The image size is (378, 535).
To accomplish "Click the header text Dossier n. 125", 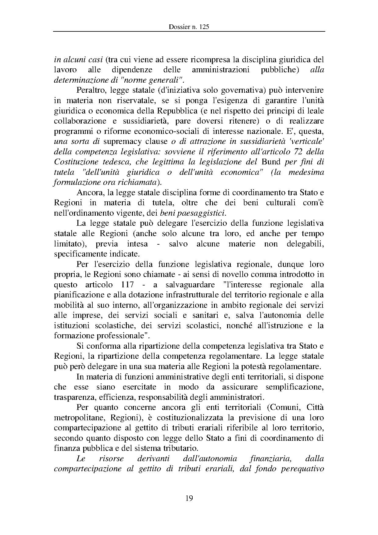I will pyautogui.click(x=189, y=27).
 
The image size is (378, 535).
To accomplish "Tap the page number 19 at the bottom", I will pyautogui.click(x=189, y=498).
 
